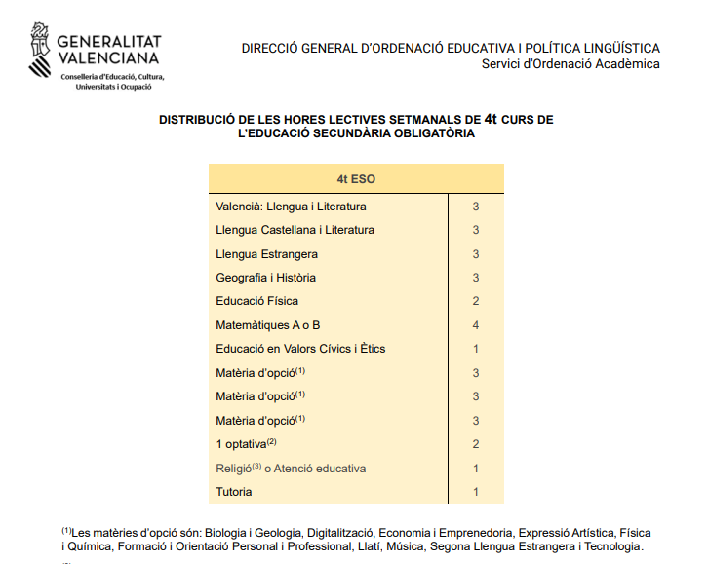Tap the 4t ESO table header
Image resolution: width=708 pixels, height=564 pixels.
tap(356, 179)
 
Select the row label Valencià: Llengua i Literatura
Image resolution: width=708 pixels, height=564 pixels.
tap(291, 207)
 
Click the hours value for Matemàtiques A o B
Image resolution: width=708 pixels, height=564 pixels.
tap(476, 324)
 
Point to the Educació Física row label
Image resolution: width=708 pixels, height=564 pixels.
tap(256, 301)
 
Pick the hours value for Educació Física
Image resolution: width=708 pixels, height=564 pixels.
tap(476, 301)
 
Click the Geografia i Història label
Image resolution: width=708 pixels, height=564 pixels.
tap(265, 278)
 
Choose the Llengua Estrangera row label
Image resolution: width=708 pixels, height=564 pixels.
tap(266, 254)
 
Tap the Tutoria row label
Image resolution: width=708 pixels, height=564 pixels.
tap(234, 492)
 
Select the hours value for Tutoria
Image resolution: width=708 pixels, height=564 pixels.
tap(476, 492)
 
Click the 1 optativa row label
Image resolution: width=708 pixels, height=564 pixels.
tap(240, 444)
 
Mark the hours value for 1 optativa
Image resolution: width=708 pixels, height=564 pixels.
tap(476, 444)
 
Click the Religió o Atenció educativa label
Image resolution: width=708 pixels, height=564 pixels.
tap(291, 469)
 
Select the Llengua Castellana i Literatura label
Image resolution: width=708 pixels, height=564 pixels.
tap(295, 230)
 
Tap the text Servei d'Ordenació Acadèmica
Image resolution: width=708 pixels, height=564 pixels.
tap(570, 64)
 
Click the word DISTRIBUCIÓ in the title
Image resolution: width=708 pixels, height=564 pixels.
tap(198, 120)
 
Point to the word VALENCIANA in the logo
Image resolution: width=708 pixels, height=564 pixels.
tap(108, 59)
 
